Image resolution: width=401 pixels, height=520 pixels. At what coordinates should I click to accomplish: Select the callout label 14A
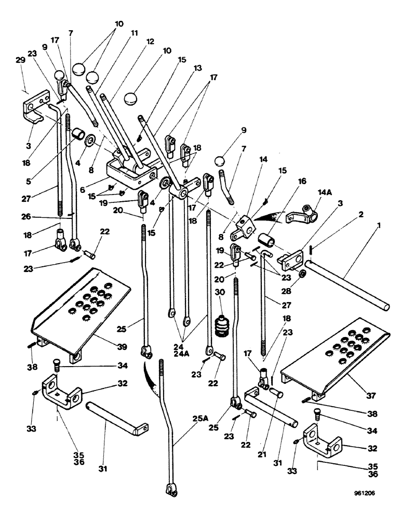(311, 192)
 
